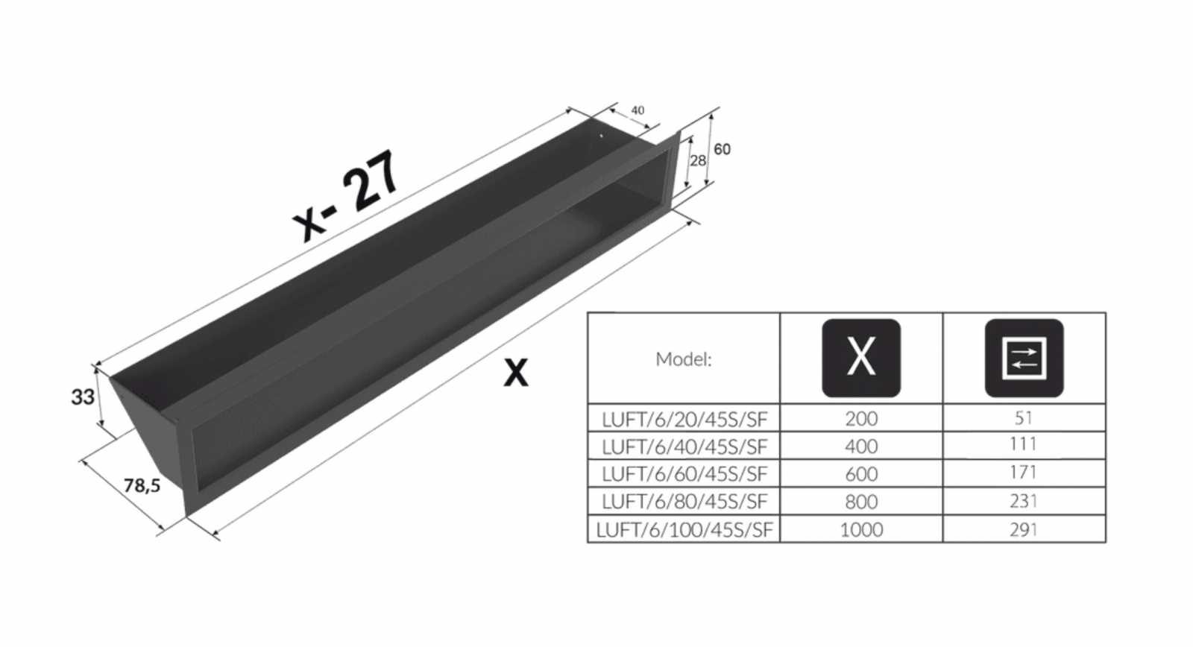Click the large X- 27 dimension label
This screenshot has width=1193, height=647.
(x=346, y=195)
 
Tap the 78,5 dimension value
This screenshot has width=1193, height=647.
(x=142, y=486)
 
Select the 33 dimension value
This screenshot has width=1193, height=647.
(x=83, y=397)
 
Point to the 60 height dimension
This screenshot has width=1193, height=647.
(x=722, y=150)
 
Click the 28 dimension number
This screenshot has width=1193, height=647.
(x=698, y=160)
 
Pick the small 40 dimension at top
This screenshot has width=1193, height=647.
(x=638, y=110)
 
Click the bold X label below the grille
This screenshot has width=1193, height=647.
(x=515, y=373)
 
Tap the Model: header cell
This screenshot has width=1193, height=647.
(x=683, y=359)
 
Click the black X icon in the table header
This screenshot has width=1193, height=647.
(x=861, y=358)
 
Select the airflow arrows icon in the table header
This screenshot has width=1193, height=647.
(x=1024, y=358)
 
